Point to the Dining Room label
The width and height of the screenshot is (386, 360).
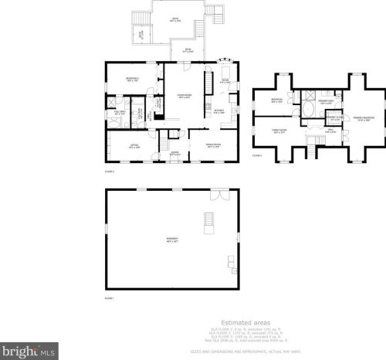pos(213,145)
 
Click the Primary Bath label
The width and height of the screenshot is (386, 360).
pos(325,102)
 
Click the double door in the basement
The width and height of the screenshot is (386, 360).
pos(223,194)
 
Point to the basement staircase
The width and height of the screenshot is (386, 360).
pos(208,221)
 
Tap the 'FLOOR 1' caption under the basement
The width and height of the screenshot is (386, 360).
pos(109,297)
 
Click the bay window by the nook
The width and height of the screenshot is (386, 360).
pos(225,61)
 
